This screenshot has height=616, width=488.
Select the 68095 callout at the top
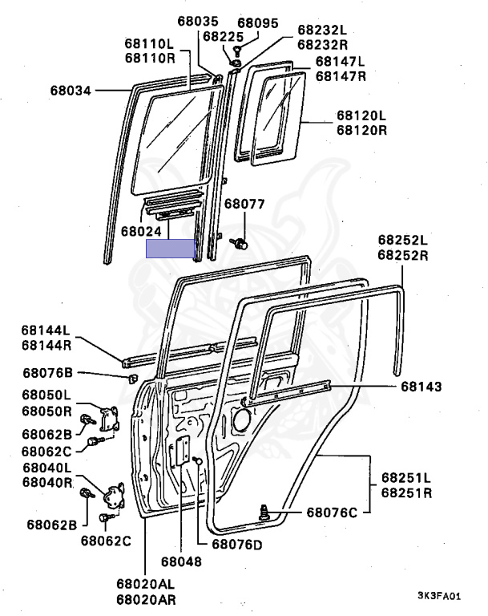pos(260,22)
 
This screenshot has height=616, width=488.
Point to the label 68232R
pos(324,45)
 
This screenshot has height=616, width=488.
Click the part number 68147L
pos(341,61)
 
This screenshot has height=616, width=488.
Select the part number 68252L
pos(404,240)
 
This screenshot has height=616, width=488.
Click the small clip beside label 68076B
pos(131,377)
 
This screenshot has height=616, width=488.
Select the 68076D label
pos(238,546)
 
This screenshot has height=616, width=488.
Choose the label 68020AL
pos(145,584)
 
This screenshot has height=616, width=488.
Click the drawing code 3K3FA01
pos(439,596)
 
